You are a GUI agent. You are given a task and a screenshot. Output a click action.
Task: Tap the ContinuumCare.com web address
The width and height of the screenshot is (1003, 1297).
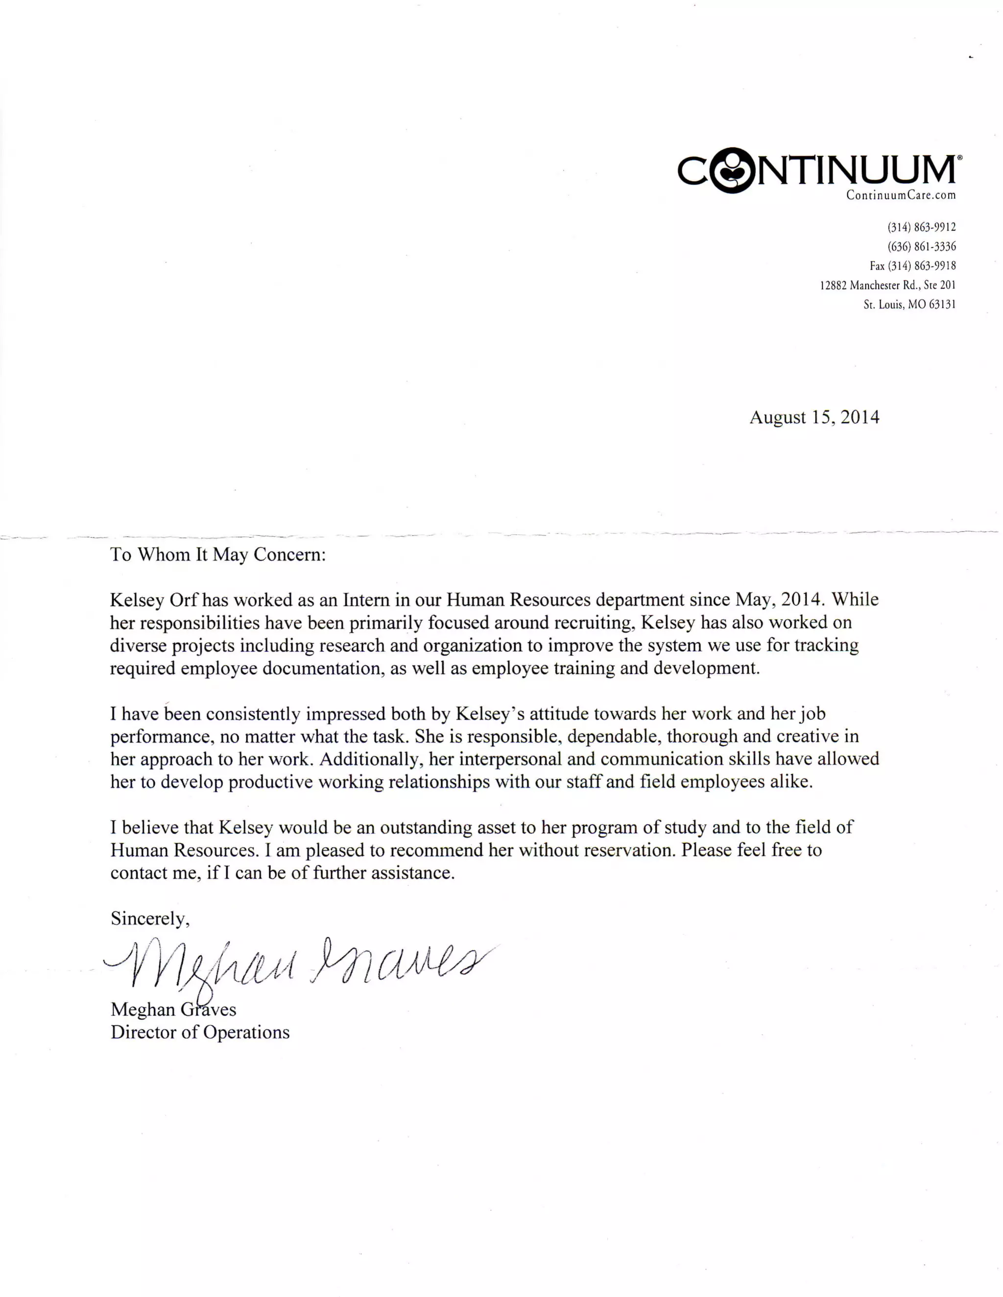pos(901,195)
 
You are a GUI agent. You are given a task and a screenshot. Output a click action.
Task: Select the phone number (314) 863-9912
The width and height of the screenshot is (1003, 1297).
pos(922,227)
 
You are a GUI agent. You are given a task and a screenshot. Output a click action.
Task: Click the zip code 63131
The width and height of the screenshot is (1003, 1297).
pos(942,304)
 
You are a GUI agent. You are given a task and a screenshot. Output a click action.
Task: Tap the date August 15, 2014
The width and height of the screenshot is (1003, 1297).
pos(814,417)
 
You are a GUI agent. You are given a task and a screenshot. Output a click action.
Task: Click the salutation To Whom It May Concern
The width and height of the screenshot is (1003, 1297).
pos(218,555)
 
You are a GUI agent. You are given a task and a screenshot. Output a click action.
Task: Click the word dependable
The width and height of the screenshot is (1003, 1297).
pos(614,737)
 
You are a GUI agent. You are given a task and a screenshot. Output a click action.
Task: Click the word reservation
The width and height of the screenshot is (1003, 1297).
pos(630,851)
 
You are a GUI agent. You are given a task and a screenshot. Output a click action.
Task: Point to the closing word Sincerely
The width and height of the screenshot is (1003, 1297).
pos(150,919)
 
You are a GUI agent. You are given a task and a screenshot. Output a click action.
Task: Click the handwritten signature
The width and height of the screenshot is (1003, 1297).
pos(297,965)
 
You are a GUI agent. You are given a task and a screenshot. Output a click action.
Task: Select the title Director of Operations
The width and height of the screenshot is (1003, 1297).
pos(200,1032)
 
